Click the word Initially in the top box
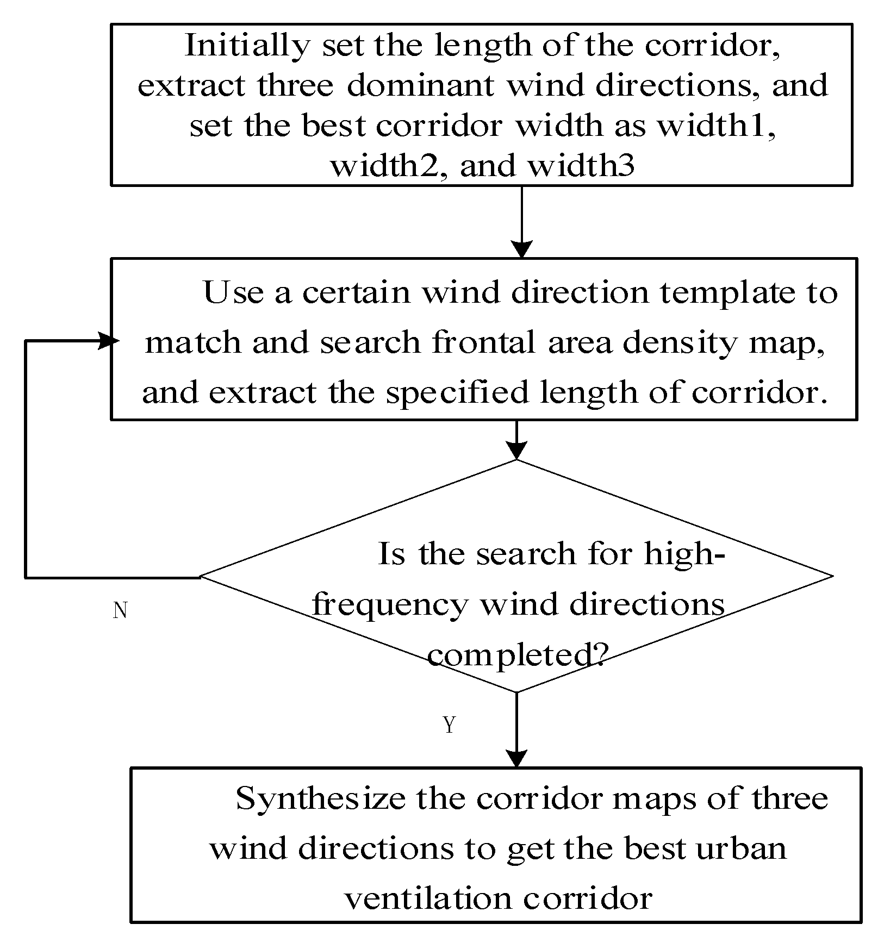click(x=247, y=45)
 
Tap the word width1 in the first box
click(x=717, y=126)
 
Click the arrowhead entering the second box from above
click(x=522, y=250)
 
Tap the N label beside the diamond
click(x=120, y=611)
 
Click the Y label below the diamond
click(x=449, y=725)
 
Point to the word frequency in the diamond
click(x=390, y=604)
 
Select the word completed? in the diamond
click(x=516, y=655)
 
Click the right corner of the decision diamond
click(x=831, y=576)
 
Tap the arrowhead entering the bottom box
click(x=516, y=759)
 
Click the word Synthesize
click(x=320, y=799)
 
